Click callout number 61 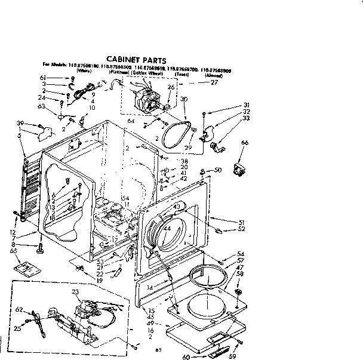pyautogui.click(x=59, y=78)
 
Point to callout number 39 pyautogui.click(x=21, y=124)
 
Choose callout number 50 pyautogui.click(x=218, y=170)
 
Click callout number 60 pyautogui.click(x=187, y=357)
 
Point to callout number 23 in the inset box pyautogui.click(x=75, y=291)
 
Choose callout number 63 pyautogui.click(x=41, y=106)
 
